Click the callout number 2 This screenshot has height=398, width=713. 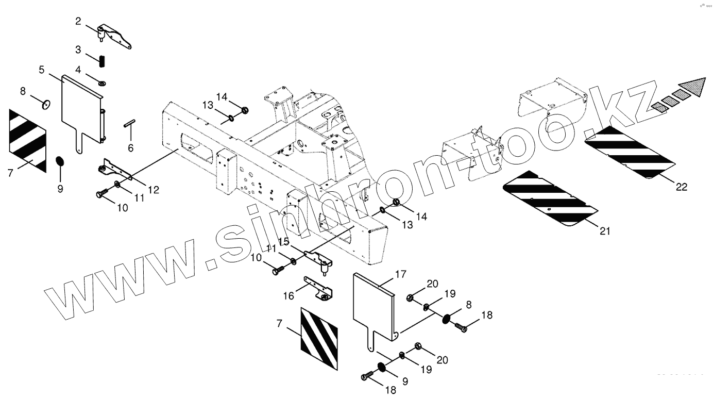78,21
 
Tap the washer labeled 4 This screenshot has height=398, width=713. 102,82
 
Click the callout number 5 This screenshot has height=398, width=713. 42,69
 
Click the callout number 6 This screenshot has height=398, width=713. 130,148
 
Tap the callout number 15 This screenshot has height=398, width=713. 283,241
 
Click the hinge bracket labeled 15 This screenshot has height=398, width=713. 317,259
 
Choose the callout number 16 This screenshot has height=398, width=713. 288,295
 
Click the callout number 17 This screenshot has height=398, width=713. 401,275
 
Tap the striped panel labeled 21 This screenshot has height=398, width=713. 549,198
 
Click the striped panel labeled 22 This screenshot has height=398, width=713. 630,152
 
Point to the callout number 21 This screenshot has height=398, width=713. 605,231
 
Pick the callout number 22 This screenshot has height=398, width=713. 682,187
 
